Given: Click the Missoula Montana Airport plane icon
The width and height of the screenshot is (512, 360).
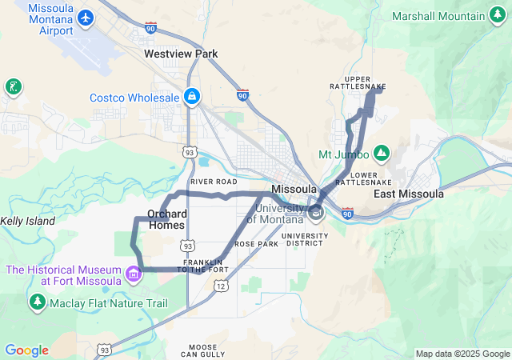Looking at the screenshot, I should pyautogui.click(x=86, y=17).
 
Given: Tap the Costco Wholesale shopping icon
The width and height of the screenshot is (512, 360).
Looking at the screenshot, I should pyautogui.click(x=192, y=98).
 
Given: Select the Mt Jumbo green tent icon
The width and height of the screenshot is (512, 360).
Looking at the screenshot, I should pyautogui.click(x=382, y=154).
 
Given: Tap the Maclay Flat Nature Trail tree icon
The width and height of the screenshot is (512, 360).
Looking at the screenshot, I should pyautogui.click(x=37, y=303).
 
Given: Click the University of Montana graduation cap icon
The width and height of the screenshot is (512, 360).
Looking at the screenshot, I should pyautogui.click(x=316, y=212).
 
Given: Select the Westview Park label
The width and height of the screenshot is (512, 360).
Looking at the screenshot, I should pyautogui.click(x=181, y=54).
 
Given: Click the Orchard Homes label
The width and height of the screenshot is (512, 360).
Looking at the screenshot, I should pyautogui.click(x=167, y=219).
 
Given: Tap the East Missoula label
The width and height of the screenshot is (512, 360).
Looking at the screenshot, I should pyautogui.click(x=409, y=194).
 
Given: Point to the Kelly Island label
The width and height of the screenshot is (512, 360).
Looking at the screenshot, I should pyautogui.click(x=27, y=221).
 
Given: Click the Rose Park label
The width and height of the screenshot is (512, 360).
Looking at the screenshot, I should pyautogui.click(x=256, y=243).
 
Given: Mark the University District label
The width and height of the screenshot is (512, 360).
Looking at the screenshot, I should pyautogui.click(x=306, y=240).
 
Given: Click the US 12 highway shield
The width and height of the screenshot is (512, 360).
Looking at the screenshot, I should pyautogui.click(x=221, y=286).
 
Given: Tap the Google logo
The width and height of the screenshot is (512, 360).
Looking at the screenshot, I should pyautogui.click(x=26, y=350).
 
